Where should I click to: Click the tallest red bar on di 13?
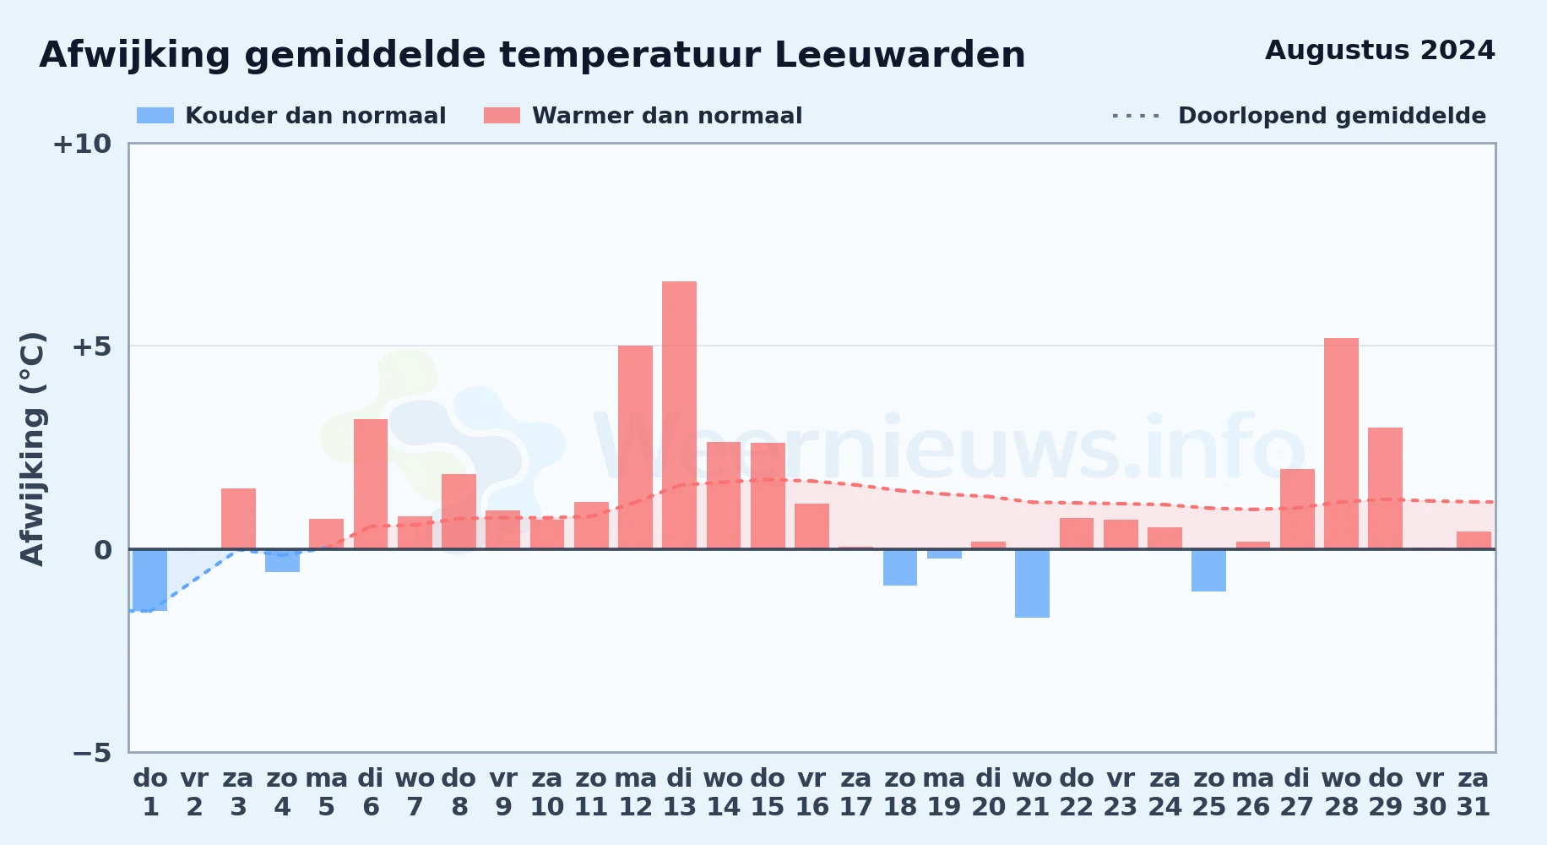click(x=679, y=415)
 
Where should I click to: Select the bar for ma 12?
click(x=635, y=447)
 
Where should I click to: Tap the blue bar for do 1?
click(x=150, y=580)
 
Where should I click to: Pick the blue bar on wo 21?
click(x=1032, y=583)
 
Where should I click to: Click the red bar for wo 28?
click(x=1341, y=444)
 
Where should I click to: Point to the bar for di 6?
click(x=371, y=484)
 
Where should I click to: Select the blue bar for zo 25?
click(x=1208, y=570)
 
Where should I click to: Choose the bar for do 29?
click(x=1385, y=488)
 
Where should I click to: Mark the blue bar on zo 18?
click(x=900, y=567)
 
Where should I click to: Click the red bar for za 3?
click(x=238, y=519)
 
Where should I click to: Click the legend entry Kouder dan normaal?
click(x=291, y=116)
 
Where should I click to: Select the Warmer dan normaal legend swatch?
click(x=502, y=116)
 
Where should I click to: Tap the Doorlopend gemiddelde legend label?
click(x=1332, y=116)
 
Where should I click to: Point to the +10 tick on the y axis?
click(x=82, y=144)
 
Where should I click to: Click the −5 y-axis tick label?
click(x=92, y=752)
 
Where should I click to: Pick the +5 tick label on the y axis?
click(x=92, y=346)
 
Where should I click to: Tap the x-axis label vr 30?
click(x=1429, y=793)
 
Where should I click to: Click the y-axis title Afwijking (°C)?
click(x=32, y=449)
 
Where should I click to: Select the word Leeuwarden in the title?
click(x=899, y=55)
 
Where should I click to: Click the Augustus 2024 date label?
click(x=1380, y=50)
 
